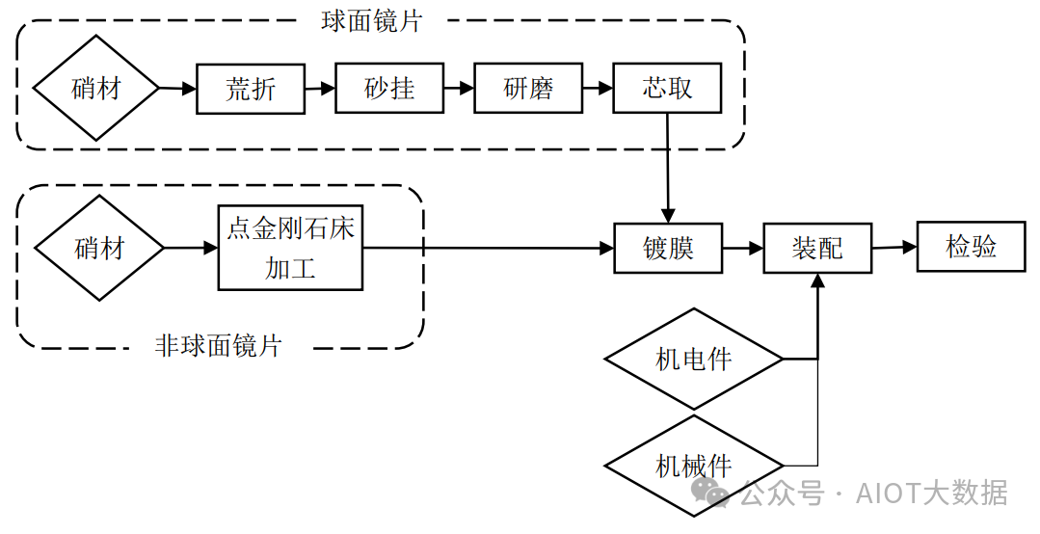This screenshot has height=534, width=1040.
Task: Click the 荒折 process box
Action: tap(251, 89)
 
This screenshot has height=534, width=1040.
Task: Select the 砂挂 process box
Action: tap(389, 89)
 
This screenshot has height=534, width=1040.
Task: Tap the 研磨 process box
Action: tap(528, 89)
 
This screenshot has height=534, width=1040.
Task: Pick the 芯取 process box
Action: tap(667, 89)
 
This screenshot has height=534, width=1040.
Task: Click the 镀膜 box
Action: tap(668, 248)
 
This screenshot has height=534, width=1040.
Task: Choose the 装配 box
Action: tap(817, 248)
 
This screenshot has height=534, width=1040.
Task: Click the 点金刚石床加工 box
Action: tap(290, 248)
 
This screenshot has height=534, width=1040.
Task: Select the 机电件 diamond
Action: tap(694, 360)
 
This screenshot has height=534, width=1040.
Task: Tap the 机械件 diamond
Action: tap(694, 467)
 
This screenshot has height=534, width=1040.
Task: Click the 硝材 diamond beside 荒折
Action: tap(96, 89)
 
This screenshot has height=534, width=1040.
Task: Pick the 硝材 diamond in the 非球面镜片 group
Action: tap(99, 248)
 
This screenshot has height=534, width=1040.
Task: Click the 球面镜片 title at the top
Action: tap(372, 21)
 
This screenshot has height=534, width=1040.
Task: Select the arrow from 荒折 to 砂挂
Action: tap(320, 89)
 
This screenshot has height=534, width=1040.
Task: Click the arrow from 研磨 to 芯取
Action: tap(598, 89)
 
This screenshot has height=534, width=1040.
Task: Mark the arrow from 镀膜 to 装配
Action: tap(742, 248)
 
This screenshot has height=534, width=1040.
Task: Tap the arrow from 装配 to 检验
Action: tap(894, 247)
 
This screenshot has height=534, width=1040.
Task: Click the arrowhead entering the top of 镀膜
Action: tap(667, 215)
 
